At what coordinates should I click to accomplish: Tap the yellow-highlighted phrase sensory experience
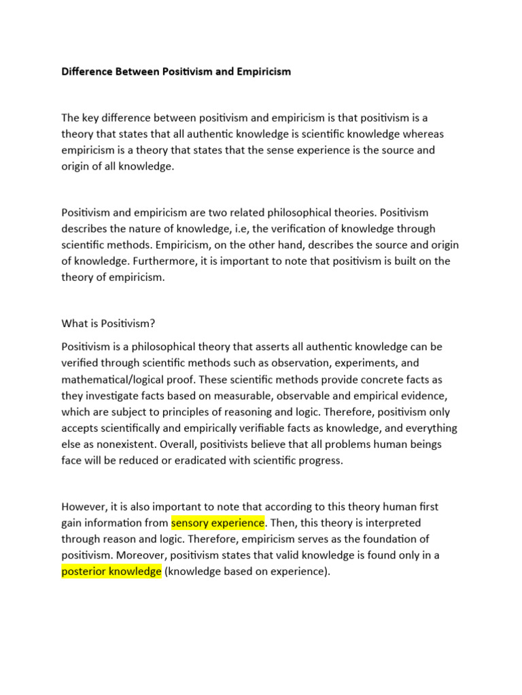[217, 523]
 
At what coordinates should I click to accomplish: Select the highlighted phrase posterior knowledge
[111, 571]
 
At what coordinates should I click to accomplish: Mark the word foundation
[382, 540]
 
